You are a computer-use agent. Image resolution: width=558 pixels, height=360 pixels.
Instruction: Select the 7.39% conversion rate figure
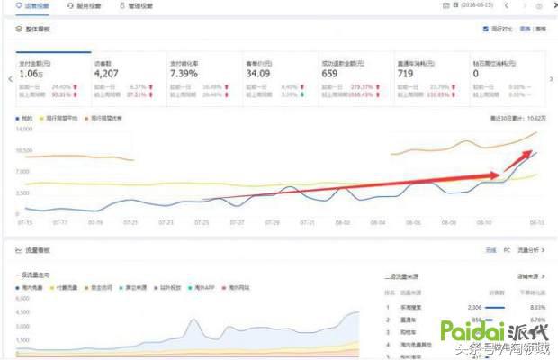click(184, 75)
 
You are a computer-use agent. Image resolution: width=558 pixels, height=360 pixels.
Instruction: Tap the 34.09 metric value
click(258, 75)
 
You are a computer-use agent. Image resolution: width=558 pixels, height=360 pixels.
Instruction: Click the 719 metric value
click(408, 75)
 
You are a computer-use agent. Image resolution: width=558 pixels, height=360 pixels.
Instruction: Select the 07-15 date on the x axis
click(25, 221)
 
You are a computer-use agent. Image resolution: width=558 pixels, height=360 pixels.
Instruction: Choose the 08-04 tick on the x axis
click(377, 221)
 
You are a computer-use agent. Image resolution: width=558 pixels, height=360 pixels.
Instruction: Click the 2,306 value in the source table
click(473, 306)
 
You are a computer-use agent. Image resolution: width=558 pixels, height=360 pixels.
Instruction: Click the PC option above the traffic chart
click(506, 250)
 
